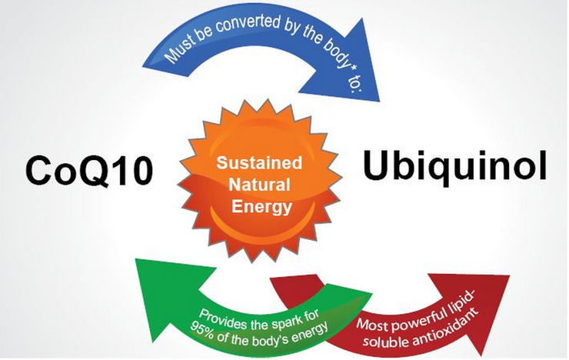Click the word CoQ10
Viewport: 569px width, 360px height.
(89, 171)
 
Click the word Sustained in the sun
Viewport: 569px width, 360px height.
(259, 162)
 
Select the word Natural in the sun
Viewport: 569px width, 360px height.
(259, 185)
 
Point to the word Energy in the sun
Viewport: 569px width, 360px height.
(261, 207)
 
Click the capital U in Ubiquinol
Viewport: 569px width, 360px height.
(378, 165)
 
